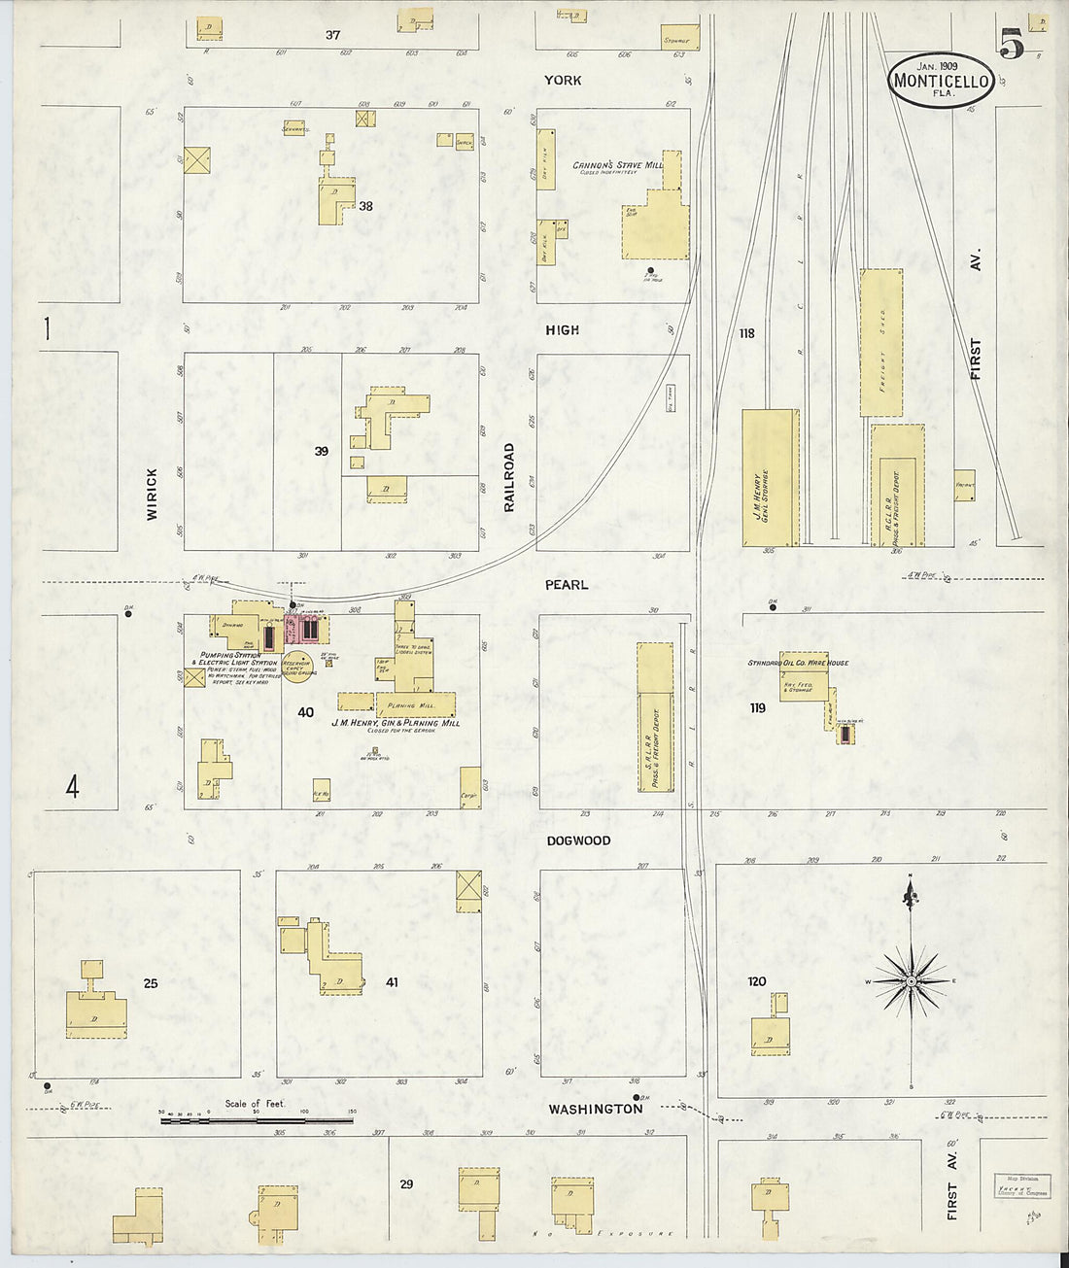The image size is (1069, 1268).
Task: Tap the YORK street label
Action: coord(563,80)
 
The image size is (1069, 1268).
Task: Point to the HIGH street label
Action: coord(562,330)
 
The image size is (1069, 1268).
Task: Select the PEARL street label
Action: coord(567,585)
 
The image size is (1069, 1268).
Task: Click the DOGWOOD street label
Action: coord(578,840)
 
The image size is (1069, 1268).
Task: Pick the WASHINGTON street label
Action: coord(595,1109)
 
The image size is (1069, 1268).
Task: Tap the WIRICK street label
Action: coord(152,494)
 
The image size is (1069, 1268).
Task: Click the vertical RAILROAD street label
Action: coord(508,477)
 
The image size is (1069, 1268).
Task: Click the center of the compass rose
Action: coord(912,982)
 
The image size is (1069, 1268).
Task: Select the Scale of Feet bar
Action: coord(257,1120)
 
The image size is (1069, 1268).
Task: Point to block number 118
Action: coord(746,333)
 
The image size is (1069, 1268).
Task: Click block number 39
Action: coord(321,452)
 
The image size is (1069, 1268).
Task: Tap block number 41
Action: coord(392,982)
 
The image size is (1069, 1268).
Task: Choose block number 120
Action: coord(757,981)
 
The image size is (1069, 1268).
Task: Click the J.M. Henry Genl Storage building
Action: coord(770,477)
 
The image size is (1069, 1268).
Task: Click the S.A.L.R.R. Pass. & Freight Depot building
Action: coord(654,717)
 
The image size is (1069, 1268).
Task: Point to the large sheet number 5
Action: coord(1010,43)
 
